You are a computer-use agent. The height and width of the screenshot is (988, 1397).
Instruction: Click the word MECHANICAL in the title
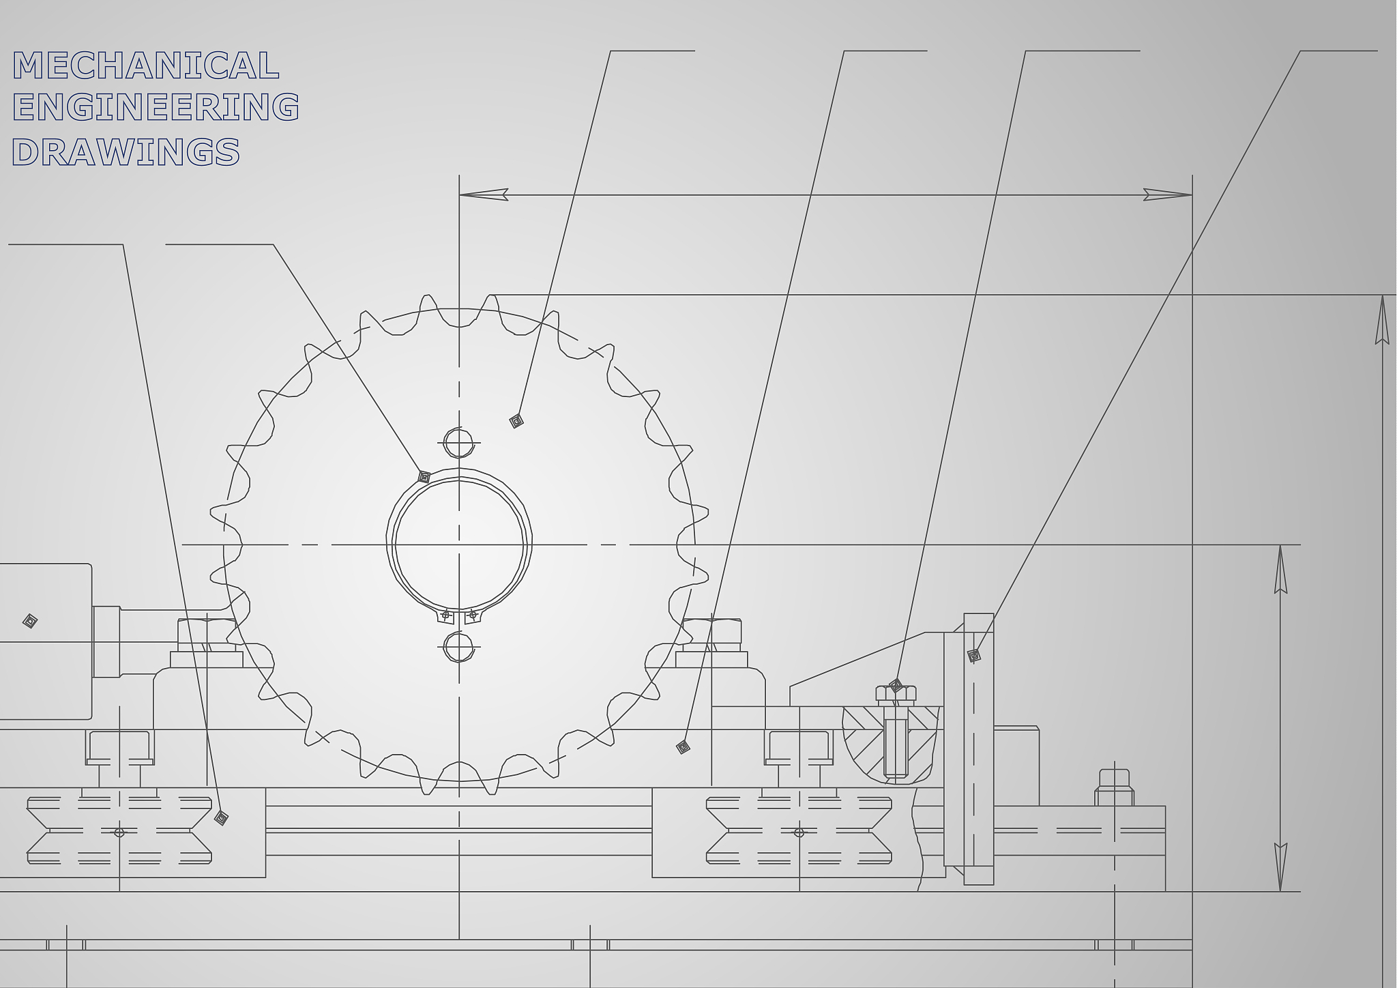[x=146, y=66]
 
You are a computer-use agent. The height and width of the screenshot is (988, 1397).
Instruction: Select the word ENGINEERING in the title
[x=156, y=107]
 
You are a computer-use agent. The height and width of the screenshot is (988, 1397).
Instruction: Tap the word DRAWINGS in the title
[x=126, y=151]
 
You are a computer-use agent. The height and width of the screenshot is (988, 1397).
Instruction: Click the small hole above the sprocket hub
[x=458, y=443]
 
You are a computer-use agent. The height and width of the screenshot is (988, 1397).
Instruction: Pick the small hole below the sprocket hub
[x=458, y=647]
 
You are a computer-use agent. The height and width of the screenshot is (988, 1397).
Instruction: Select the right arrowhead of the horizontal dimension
[x=1167, y=194]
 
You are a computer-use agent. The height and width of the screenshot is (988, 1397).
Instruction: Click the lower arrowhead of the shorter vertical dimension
[x=1280, y=867]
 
